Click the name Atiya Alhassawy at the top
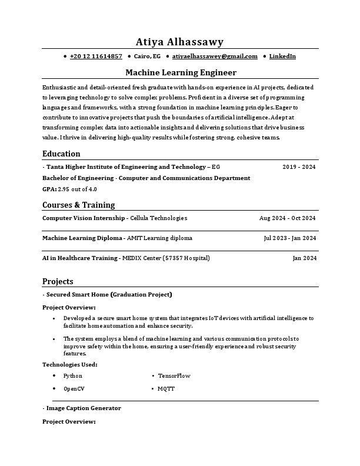[x=180, y=42]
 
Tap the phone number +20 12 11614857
[x=96, y=56]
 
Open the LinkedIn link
[x=282, y=56]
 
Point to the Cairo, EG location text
[x=147, y=56]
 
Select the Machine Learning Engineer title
[x=181, y=72]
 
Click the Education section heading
[x=61, y=154]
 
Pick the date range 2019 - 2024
[x=299, y=167]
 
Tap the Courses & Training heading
[x=78, y=205]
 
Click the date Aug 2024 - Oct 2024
[x=287, y=218]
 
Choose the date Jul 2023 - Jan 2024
[x=289, y=238]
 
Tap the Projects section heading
[x=58, y=281]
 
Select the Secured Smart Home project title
[x=109, y=294]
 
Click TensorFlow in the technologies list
[x=174, y=375]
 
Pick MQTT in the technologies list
[x=166, y=389]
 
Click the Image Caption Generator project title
[x=84, y=408]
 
